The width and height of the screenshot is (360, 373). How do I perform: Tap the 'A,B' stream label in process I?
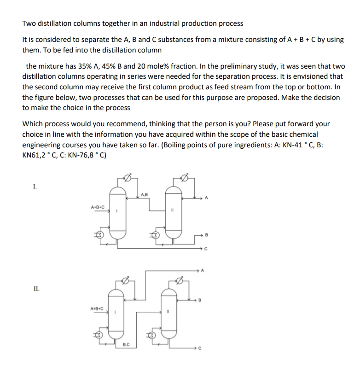[x=144, y=193]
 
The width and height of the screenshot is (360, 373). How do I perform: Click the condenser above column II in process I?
[x=186, y=178]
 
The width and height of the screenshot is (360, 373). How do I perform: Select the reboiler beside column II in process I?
[x=156, y=235]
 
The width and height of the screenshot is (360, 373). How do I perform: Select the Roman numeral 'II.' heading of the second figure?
[x=36, y=289]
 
